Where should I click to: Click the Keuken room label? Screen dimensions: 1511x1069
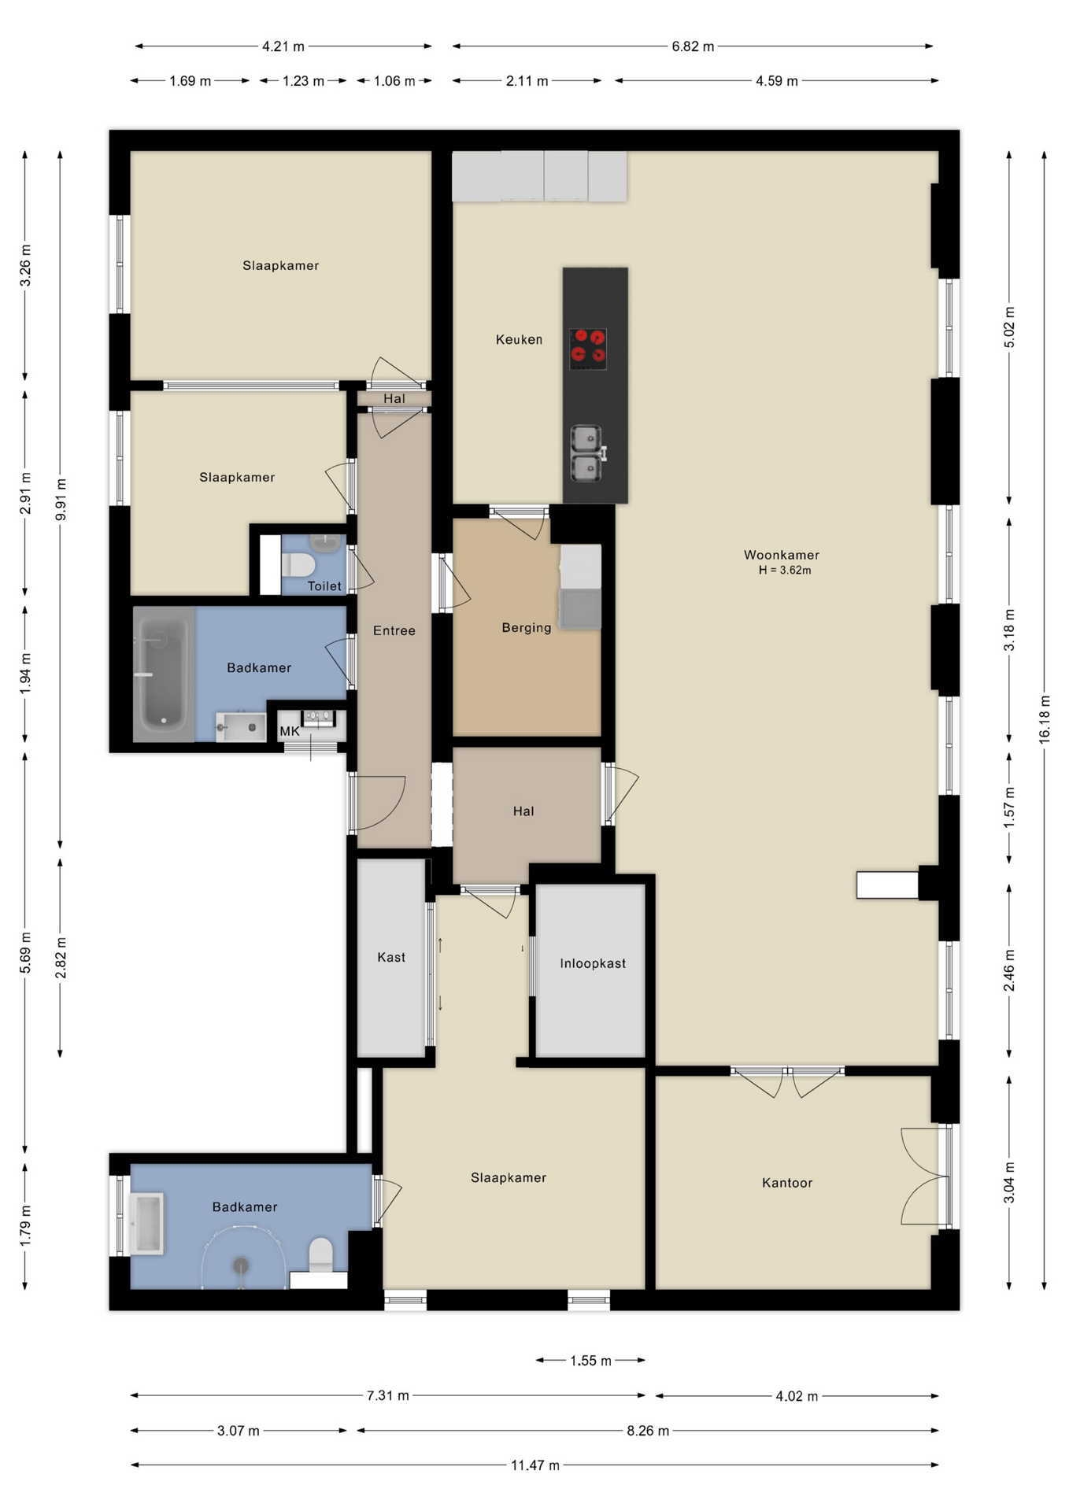[519, 340]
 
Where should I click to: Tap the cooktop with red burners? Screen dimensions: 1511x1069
[588, 349]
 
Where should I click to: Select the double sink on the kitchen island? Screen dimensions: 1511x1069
[586, 453]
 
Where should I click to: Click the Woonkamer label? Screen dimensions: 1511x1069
[781, 555]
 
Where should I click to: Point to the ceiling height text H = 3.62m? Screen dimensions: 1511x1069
[784, 571]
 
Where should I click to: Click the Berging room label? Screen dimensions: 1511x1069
[526, 628]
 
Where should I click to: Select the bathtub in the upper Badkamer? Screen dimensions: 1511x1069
[164, 674]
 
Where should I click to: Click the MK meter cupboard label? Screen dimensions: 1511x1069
[289, 732]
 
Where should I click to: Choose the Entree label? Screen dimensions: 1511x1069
[394, 631]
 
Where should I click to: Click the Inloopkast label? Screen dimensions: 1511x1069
[593, 964]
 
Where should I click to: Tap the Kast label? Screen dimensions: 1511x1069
[391, 958]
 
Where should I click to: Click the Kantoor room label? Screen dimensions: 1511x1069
[786, 1183]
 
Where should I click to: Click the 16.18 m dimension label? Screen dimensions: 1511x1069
[1044, 719]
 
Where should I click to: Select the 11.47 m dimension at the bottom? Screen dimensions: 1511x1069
[534, 1465]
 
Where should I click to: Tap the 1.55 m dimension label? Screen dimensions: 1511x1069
[590, 1361]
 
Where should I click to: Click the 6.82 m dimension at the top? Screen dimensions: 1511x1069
[693, 46]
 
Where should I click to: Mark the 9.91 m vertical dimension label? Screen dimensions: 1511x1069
[61, 500]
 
